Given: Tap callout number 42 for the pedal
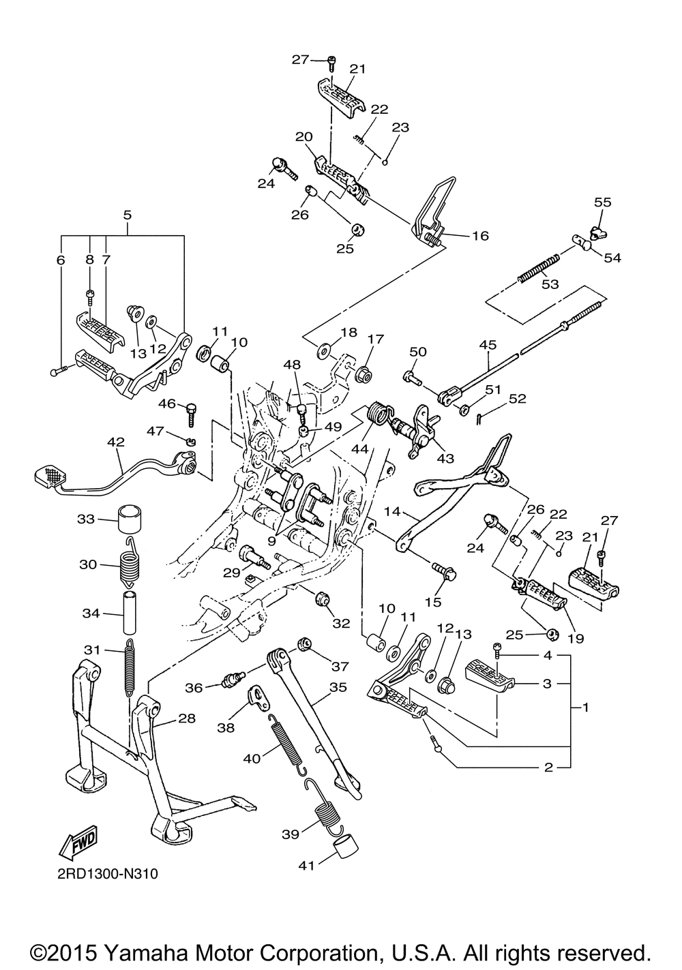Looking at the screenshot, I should [x=116, y=442].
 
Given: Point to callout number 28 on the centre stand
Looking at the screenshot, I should [x=187, y=718].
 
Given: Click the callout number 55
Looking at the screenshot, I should [x=603, y=202].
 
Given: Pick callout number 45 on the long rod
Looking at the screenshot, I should [x=487, y=345].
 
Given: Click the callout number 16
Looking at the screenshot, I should [x=480, y=236].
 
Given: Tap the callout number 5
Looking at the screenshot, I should [x=127, y=215].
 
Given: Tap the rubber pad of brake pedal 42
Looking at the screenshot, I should [x=49, y=475].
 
